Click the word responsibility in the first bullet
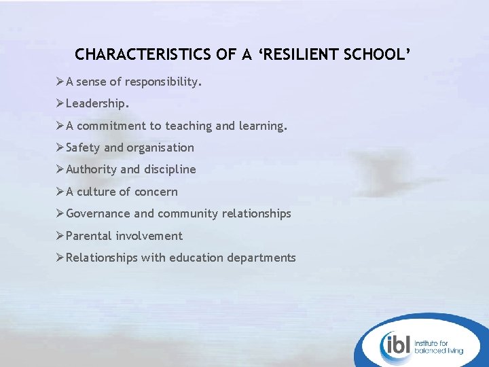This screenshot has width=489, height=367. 163,82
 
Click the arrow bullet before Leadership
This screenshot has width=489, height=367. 60,104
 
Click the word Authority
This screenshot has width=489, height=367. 91,169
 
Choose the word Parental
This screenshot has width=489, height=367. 89,236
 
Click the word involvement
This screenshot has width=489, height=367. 149,236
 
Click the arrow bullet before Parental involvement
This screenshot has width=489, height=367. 60,235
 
